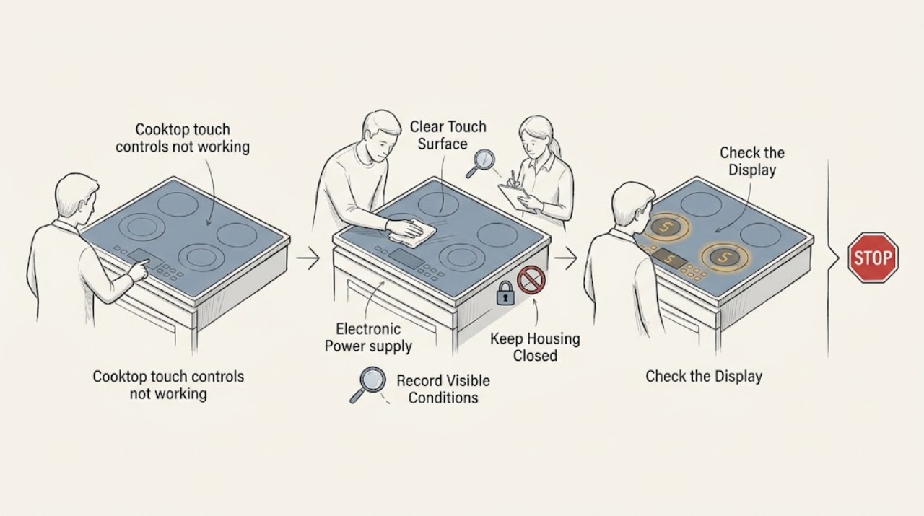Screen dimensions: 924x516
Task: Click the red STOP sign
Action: point(873,258)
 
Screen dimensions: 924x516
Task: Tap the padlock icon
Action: point(505,293)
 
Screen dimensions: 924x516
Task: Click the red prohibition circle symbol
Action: point(531,280)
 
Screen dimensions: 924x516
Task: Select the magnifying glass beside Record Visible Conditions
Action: point(368,385)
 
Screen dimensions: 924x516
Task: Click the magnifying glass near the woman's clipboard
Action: point(481,163)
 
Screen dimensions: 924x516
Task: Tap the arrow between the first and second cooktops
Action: point(308,258)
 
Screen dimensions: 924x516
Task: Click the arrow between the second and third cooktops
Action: point(565,258)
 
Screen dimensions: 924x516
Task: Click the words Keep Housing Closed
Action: point(535,347)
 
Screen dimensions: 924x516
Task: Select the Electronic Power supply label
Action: point(368,338)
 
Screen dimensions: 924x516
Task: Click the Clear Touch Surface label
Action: point(448,135)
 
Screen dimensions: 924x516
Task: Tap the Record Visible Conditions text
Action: point(443,389)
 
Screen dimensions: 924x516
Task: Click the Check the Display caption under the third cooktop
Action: point(704,377)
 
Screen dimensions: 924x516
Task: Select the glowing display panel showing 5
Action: point(669,258)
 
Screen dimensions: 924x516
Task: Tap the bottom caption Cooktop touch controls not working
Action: point(168,385)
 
